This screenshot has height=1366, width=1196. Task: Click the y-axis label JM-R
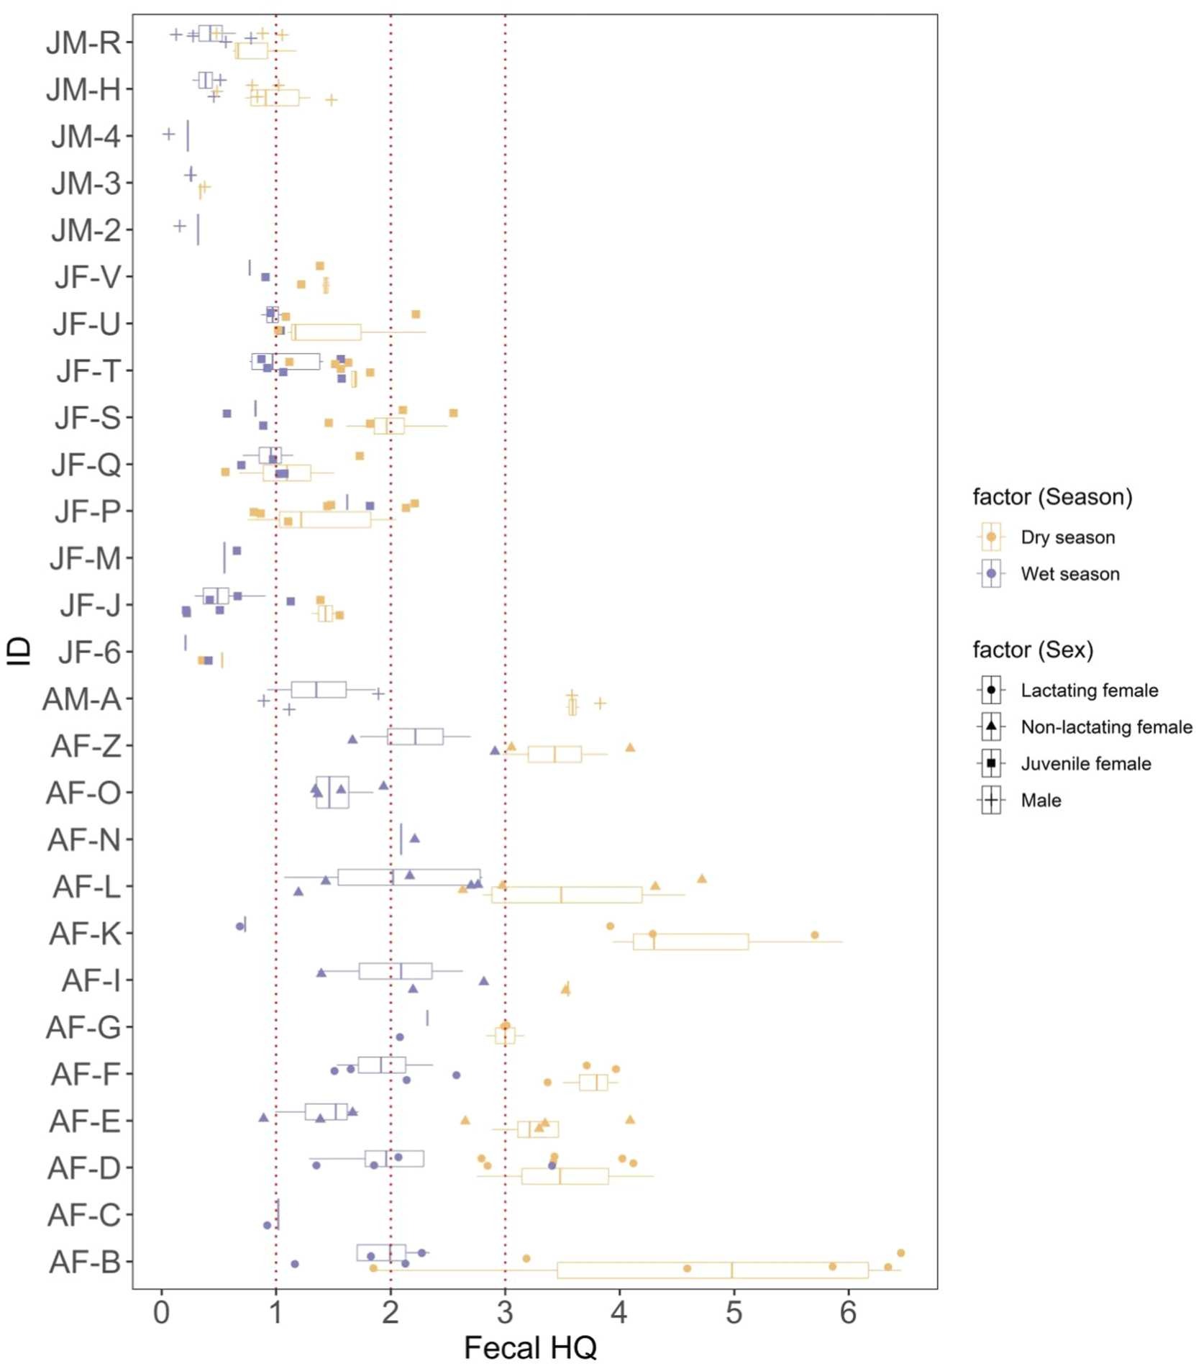pos(83,43)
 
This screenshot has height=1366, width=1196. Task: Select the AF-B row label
pos(85,1262)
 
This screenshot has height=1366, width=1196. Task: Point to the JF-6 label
pos(90,652)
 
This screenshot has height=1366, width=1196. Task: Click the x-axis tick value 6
pos(848,1313)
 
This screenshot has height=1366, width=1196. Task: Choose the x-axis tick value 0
pos(162,1313)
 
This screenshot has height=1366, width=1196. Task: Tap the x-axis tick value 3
pos(505,1313)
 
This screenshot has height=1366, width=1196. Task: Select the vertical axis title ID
pos(19,651)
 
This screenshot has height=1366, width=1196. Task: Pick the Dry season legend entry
pos(1067,537)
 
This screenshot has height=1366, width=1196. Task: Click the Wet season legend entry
pos(1069,574)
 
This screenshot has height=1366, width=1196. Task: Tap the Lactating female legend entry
pos(1089,691)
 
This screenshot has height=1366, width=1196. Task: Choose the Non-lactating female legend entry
pos(1106,727)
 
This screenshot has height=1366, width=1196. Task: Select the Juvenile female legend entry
pos(1085,764)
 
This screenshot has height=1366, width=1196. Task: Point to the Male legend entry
pos(1041,801)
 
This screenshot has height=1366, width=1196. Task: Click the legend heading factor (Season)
pos(1052,497)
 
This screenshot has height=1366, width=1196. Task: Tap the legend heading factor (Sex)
pos(1033,650)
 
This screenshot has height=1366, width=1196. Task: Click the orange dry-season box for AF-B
pos(712,1270)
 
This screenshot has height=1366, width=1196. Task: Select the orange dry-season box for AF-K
pos(690,942)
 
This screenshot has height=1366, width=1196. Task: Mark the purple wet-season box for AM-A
pos(319,689)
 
